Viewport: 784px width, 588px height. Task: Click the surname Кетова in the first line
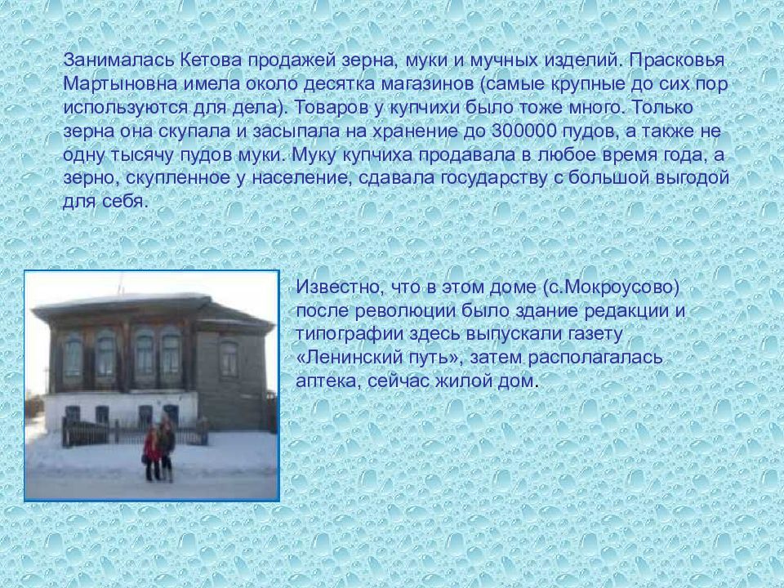click(x=211, y=60)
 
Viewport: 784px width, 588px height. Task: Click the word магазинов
click(x=426, y=83)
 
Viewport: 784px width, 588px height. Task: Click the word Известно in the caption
click(x=338, y=287)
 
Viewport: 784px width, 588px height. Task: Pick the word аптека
click(x=328, y=381)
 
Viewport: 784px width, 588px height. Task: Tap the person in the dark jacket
click(x=167, y=448)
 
